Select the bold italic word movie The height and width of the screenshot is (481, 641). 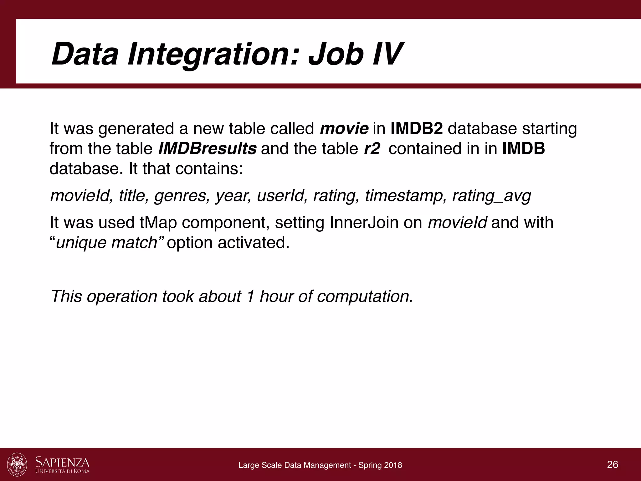(344, 129)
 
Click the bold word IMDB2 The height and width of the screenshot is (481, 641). (417, 129)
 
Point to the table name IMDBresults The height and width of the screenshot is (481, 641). (207, 149)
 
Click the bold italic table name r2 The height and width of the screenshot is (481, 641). (372, 149)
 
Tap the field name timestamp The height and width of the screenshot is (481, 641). (406, 196)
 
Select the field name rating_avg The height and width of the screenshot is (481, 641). (492, 196)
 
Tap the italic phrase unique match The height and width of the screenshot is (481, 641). (106, 243)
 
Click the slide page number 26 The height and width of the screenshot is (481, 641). (613, 464)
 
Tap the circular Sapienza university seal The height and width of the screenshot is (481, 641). (17, 464)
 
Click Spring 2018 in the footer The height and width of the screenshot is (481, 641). (380, 465)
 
